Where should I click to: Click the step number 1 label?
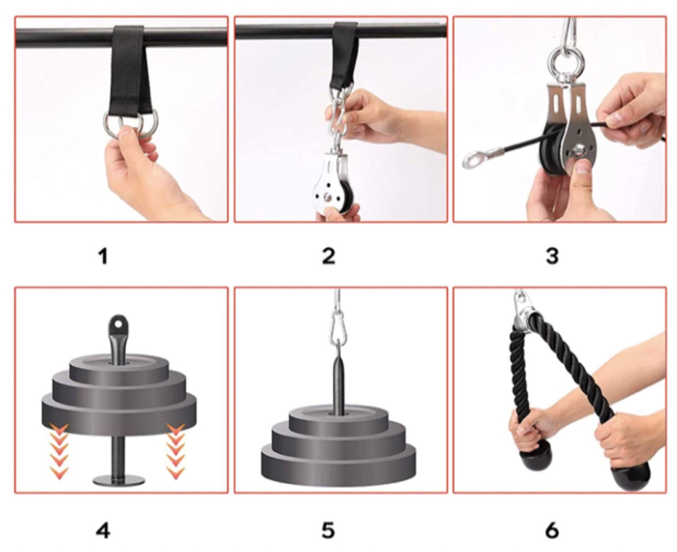pos(103,256)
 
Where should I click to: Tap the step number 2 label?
pos(328,256)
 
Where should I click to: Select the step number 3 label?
pos(552,256)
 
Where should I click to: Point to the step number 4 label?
pos(103,530)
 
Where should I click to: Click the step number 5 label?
pos(328,530)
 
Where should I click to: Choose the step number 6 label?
pos(552,530)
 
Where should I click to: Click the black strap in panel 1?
pos(126,77)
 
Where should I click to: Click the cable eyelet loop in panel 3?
pos(473,160)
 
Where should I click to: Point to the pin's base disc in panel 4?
pos(119,479)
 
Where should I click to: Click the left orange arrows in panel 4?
pos(60,450)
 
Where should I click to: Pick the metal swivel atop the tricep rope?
pos(525,312)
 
